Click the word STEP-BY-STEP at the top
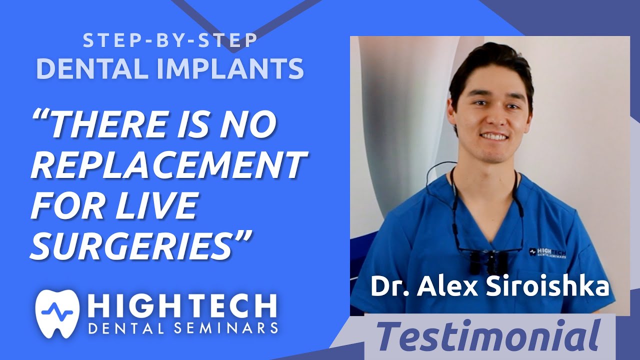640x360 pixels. (x=170, y=41)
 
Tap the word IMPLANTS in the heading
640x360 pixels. (x=230, y=69)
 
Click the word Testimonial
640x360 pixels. (x=488, y=336)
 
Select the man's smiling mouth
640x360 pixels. (x=493, y=136)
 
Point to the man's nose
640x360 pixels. (x=493, y=117)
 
